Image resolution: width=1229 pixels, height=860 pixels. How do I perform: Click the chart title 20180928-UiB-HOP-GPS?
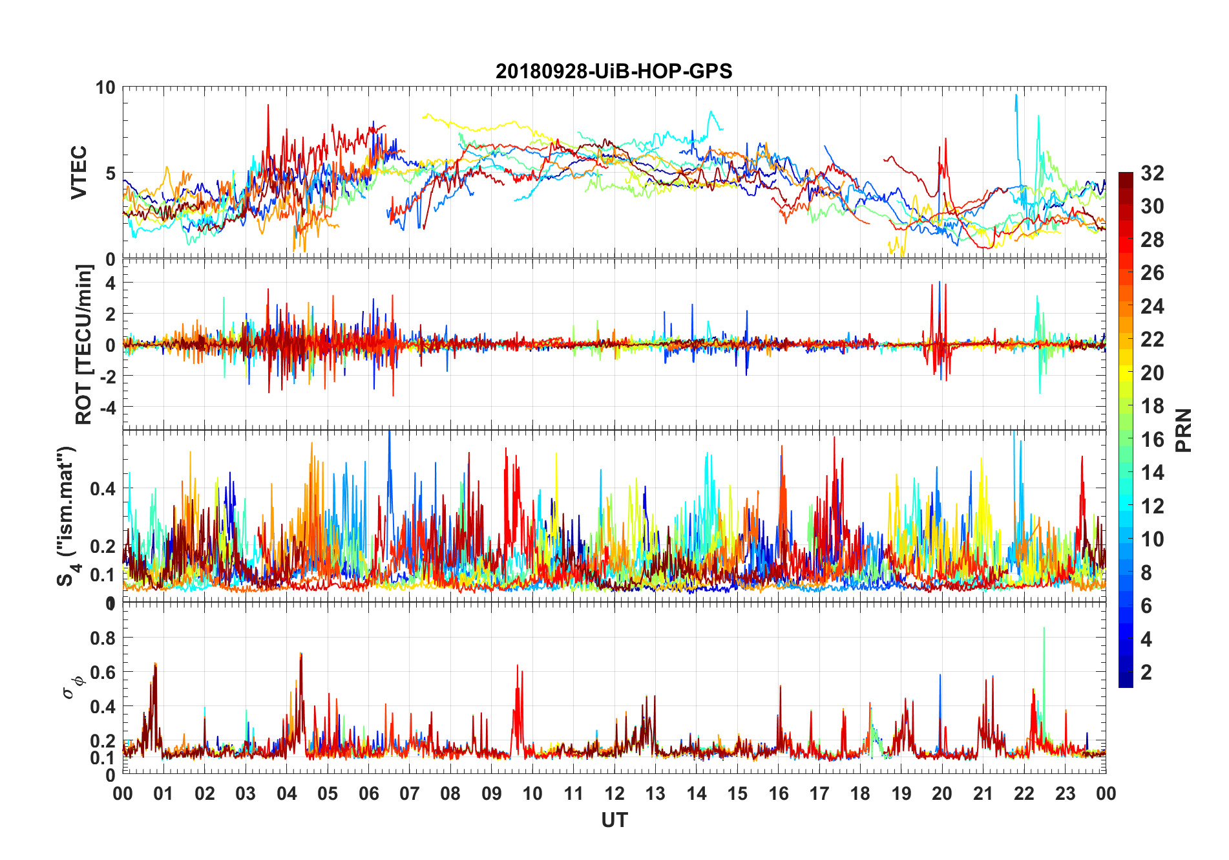pos(614,70)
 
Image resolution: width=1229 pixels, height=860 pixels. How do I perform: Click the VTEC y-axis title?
pos(79,173)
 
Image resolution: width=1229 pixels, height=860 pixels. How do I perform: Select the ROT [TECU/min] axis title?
pos(84,344)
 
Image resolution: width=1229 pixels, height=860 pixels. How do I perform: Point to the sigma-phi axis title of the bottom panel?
pos(74,686)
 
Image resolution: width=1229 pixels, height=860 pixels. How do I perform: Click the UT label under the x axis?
pos(614,820)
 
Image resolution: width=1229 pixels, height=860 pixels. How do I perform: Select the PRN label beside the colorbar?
pos(1183,430)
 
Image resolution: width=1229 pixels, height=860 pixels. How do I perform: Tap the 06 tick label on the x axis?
pos(368,793)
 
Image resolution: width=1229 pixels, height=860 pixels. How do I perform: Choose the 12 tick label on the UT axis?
pos(614,793)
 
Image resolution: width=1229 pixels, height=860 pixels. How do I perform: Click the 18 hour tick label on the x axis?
pos(860,793)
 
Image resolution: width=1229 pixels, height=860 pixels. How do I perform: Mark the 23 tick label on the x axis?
pos(1065,793)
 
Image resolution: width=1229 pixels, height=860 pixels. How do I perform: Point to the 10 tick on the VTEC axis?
pos(105,88)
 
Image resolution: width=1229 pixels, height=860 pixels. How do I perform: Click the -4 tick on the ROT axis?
pos(106,407)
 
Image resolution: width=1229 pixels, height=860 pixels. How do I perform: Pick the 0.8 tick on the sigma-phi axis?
pos(103,638)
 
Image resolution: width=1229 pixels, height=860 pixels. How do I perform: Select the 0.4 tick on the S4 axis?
pos(103,489)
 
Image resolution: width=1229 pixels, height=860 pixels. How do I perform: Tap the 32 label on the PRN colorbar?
pos(1152,173)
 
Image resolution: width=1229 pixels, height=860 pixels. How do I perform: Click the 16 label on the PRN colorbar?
pos(1152,440)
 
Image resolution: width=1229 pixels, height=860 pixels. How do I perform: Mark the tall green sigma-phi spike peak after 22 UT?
pos(1044,628)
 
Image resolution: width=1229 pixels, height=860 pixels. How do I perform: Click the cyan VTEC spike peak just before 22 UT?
pos(1016,95)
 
